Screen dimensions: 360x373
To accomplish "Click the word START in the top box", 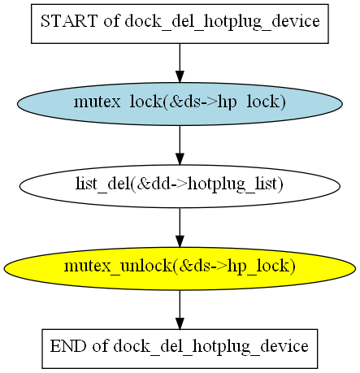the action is (x=69, y=21).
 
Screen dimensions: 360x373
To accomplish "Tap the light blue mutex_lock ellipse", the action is (x=180, y=104).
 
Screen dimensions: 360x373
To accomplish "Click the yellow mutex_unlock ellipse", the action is (x=180, y=268).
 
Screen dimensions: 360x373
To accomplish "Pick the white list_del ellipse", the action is (x=180, y=186).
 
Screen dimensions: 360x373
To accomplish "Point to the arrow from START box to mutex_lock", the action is (x=180, y=63).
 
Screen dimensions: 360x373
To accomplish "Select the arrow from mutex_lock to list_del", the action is (x=180, y=145).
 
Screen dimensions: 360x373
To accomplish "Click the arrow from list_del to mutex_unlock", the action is (x=180, y=228).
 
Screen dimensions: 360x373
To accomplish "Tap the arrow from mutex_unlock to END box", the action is (x=180, y=310).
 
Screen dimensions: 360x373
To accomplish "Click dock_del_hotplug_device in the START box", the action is (x=222, y=22).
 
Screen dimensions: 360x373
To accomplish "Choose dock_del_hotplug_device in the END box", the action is (x=210, y=347).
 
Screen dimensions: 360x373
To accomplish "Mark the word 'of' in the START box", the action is (x=111, y=21).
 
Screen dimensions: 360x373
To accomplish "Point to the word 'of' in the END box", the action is (x=100, y=346).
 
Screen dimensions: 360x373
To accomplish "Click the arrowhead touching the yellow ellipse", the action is (x=180, y=241).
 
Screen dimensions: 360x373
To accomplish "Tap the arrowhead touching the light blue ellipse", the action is (x=180, y=76).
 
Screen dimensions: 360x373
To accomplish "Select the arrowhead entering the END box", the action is (x=180, y=323).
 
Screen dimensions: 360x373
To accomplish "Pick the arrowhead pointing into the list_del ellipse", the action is (x=180, y=158).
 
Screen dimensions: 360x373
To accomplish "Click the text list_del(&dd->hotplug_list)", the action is (x=180, y=184).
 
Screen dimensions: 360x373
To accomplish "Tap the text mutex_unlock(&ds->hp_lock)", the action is (x=180, y=267).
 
